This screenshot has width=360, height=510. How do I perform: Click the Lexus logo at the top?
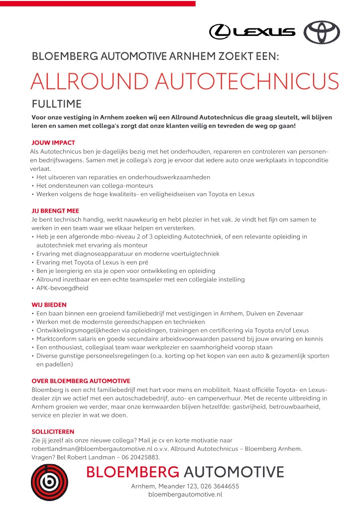pos(252,32)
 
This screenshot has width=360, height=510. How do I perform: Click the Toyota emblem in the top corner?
pos(321,32)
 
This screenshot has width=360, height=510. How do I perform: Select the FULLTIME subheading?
pos(56,104)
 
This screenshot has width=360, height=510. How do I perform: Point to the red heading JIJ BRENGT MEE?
pos(55,211)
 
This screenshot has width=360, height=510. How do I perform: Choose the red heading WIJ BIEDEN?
pos(49,304)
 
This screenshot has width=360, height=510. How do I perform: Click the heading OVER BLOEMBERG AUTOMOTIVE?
pos(81,381)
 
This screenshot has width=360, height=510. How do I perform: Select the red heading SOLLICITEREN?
pos(52,432)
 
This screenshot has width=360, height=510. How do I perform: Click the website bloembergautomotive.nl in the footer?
pos(185,495)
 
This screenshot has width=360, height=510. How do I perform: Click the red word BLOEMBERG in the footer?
pos(132,472)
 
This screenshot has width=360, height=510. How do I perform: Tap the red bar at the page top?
pos(98,3)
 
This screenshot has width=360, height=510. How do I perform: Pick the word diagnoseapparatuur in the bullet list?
pos(95,254)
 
